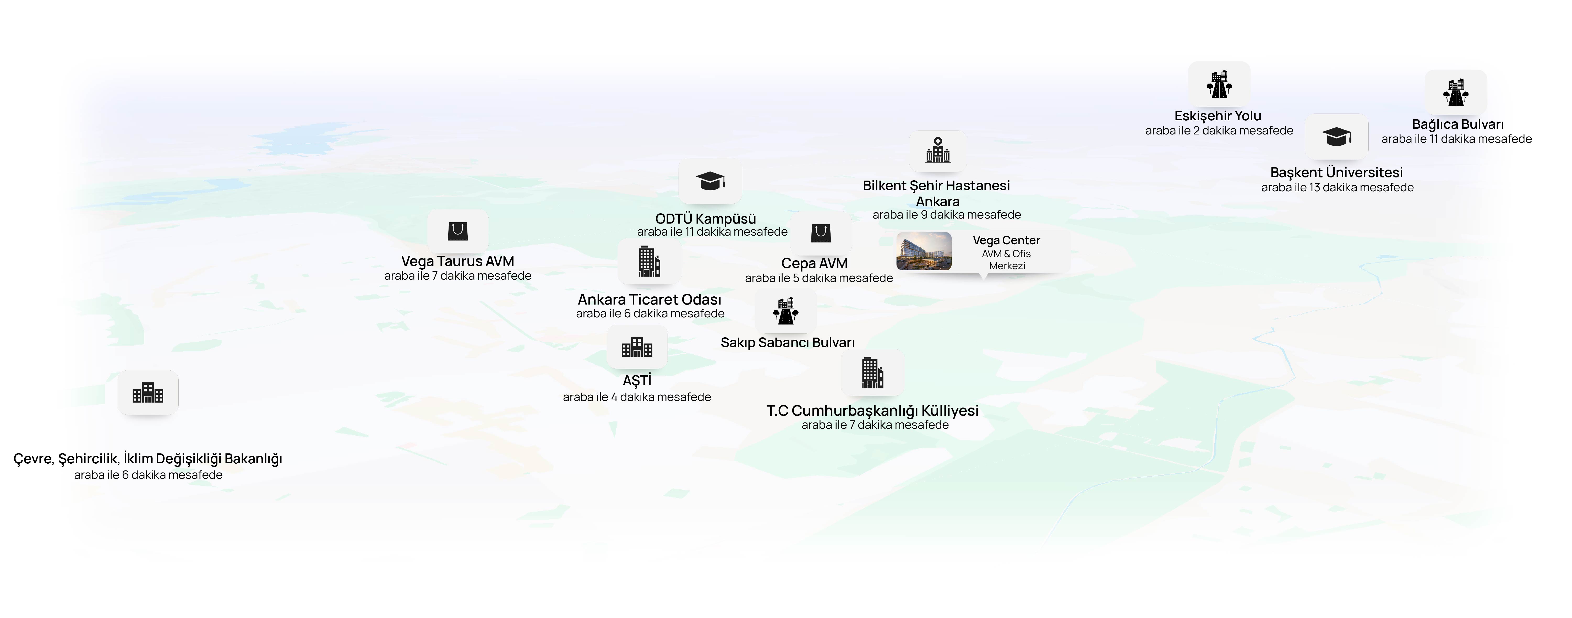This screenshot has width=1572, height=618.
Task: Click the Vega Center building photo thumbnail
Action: click(924, 251)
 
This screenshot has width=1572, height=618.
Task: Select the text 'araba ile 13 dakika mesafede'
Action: click(1337, 187)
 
